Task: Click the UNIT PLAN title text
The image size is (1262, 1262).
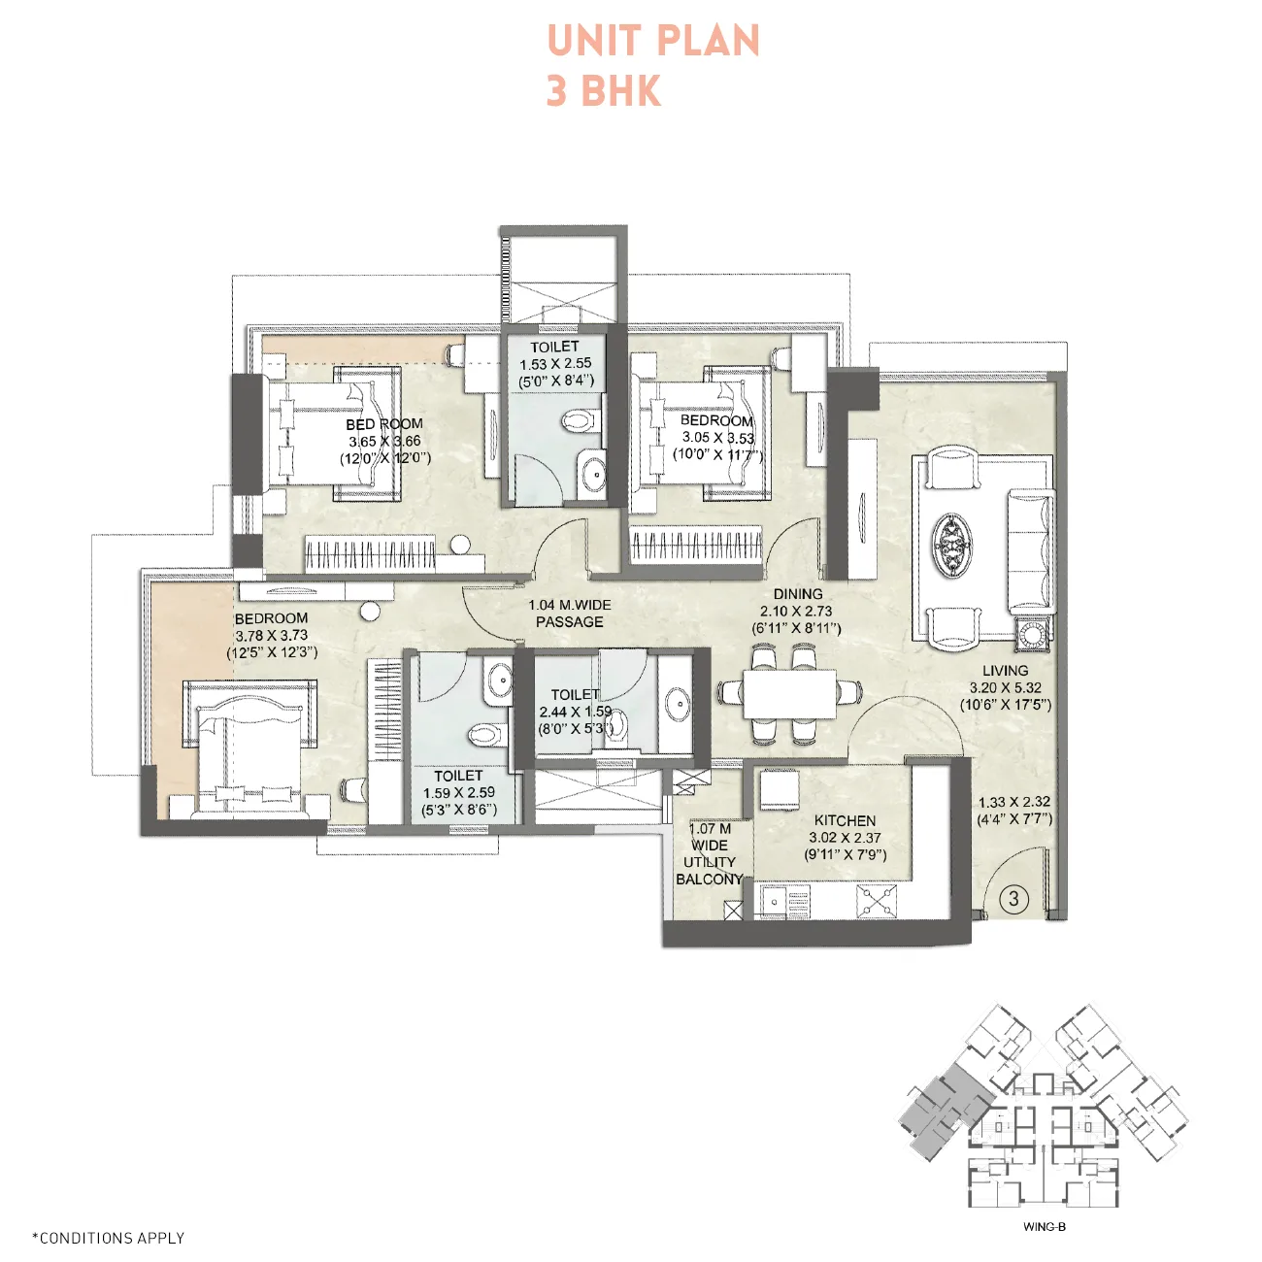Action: (x=653, y=41)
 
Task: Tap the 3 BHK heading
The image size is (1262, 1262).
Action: (x=604, y=91)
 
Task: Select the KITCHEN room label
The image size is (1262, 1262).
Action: (x=845, y=820)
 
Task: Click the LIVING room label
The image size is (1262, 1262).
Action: (x=1005, y=670)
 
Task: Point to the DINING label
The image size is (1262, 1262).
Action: (x=798, y=594)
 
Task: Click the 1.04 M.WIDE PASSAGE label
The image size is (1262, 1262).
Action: (x=570, y=614)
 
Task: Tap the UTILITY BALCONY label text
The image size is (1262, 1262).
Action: (x=710, y=870)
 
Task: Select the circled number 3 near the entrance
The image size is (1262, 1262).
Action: (x=1013, y=898)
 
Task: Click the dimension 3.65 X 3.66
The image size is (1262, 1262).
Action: (x=384, y=441)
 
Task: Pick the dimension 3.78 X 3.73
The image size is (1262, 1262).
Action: (x=271, y=635)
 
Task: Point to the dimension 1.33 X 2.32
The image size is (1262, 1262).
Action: (x=1013, y=802)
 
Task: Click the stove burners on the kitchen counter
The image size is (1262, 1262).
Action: (x=877, y=901)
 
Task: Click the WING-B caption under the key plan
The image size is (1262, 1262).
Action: (x=1044, y=1226)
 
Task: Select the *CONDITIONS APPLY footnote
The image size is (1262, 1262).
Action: (x=108, y=1238)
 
